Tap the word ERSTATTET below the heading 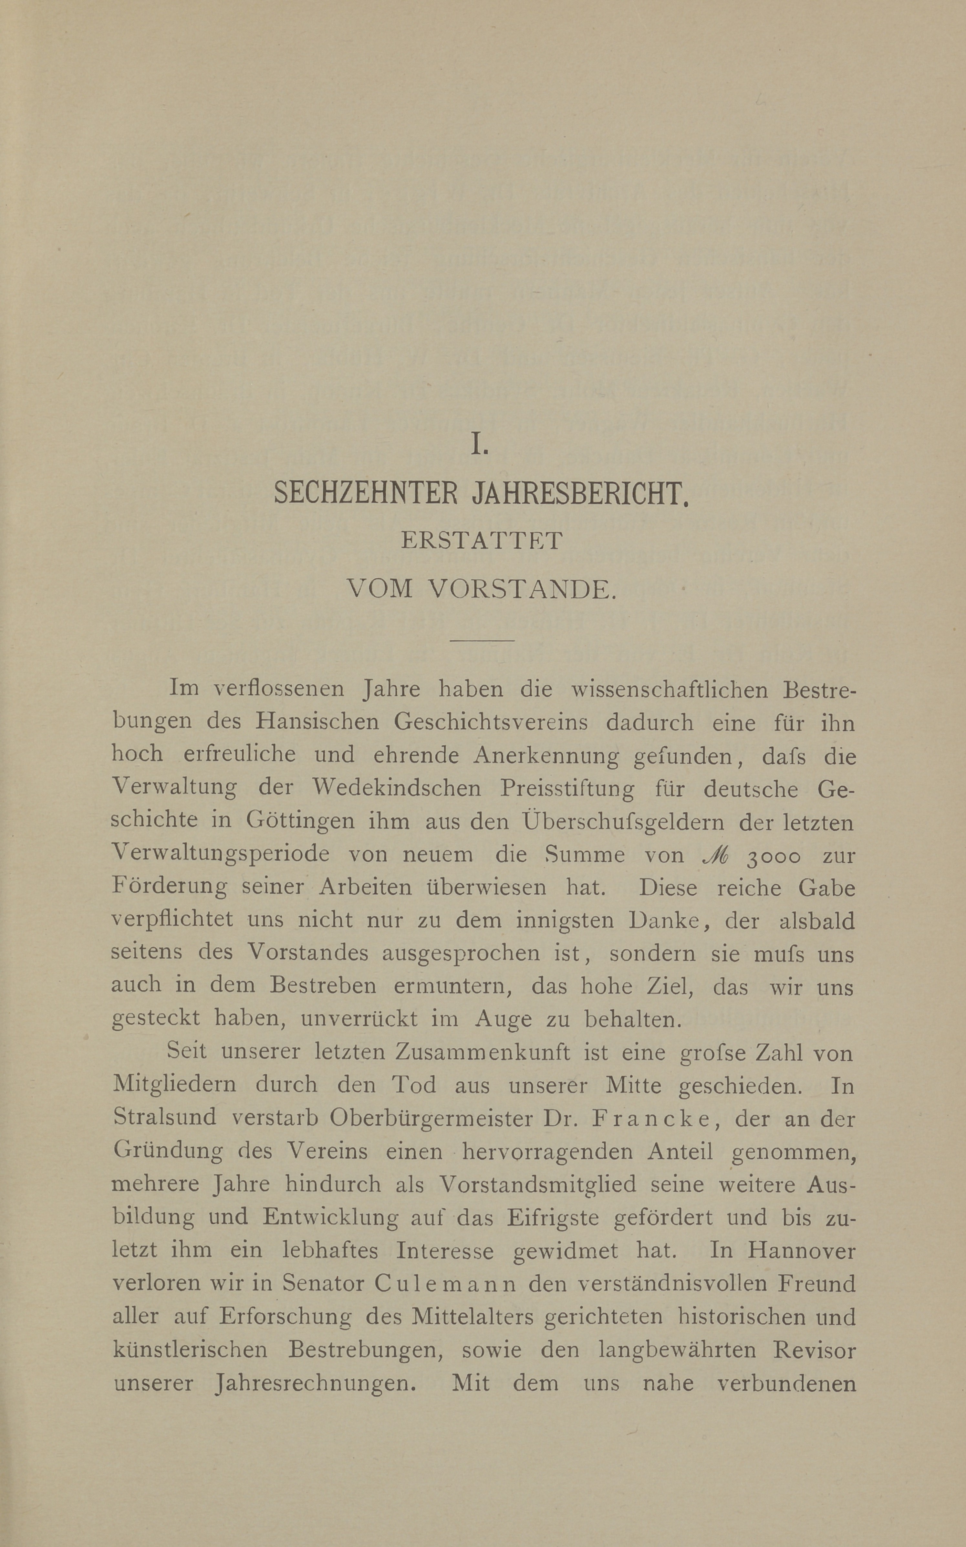coord(482,541)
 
